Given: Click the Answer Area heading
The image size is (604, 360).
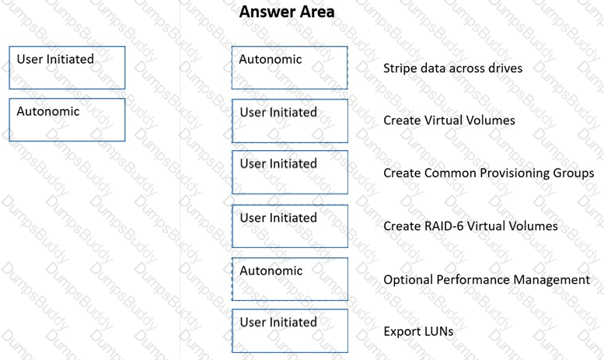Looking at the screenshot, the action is click(x=287, y=12).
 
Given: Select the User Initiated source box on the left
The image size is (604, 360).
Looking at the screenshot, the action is click(x=67, y=68).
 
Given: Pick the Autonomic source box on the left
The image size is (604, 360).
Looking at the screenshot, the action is click(x=67, y=120).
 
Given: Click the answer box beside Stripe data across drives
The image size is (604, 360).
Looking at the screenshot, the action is click(x=290, y=68).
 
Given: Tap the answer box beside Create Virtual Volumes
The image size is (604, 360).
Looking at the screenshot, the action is click(x=290, y=121).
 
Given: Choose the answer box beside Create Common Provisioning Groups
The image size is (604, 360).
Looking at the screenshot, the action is click(x=290, y=173).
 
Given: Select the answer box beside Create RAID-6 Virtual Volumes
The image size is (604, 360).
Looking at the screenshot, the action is click(x=290, y=226).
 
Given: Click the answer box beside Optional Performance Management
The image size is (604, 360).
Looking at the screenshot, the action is click(x=290, y=279).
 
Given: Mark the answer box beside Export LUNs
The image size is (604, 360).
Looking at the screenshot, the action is click(x=290, y=330).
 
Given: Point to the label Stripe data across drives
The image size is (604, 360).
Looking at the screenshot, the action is click(x=452, y=68).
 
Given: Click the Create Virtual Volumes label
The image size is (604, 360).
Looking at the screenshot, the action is click(x=449, y=121).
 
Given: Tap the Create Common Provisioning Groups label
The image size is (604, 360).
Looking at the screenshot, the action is click(x=488, y=173).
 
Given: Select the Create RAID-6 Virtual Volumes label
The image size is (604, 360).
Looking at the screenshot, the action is click(x=470, y=225).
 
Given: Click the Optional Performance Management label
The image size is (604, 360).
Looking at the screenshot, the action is click(x=487, y=280).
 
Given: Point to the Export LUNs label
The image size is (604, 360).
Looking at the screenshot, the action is click(x=418, y=331).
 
